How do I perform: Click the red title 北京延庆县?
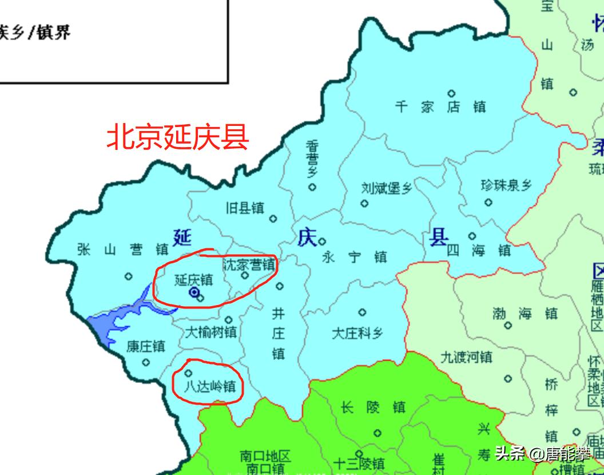tap(178, 137)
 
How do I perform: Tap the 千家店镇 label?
tap(440, 107)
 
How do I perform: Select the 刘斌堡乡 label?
tap(387, 188)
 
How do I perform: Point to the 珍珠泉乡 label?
tap(506, 185)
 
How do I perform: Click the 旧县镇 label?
tap(245, 208)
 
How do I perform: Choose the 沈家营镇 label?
tap(248, 265)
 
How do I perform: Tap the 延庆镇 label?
tap(193, 280)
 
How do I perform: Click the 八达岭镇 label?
tap(209, 386)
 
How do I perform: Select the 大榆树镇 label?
tap(210, 332)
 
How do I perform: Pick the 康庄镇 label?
tap(145, 346)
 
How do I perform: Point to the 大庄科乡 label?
tap(357, 333)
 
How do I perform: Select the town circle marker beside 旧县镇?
tap(273, 219)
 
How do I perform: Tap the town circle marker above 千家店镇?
tap(451, 93)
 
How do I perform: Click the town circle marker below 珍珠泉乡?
tap(488, 202)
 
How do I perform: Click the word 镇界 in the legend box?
tap(54, 32)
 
